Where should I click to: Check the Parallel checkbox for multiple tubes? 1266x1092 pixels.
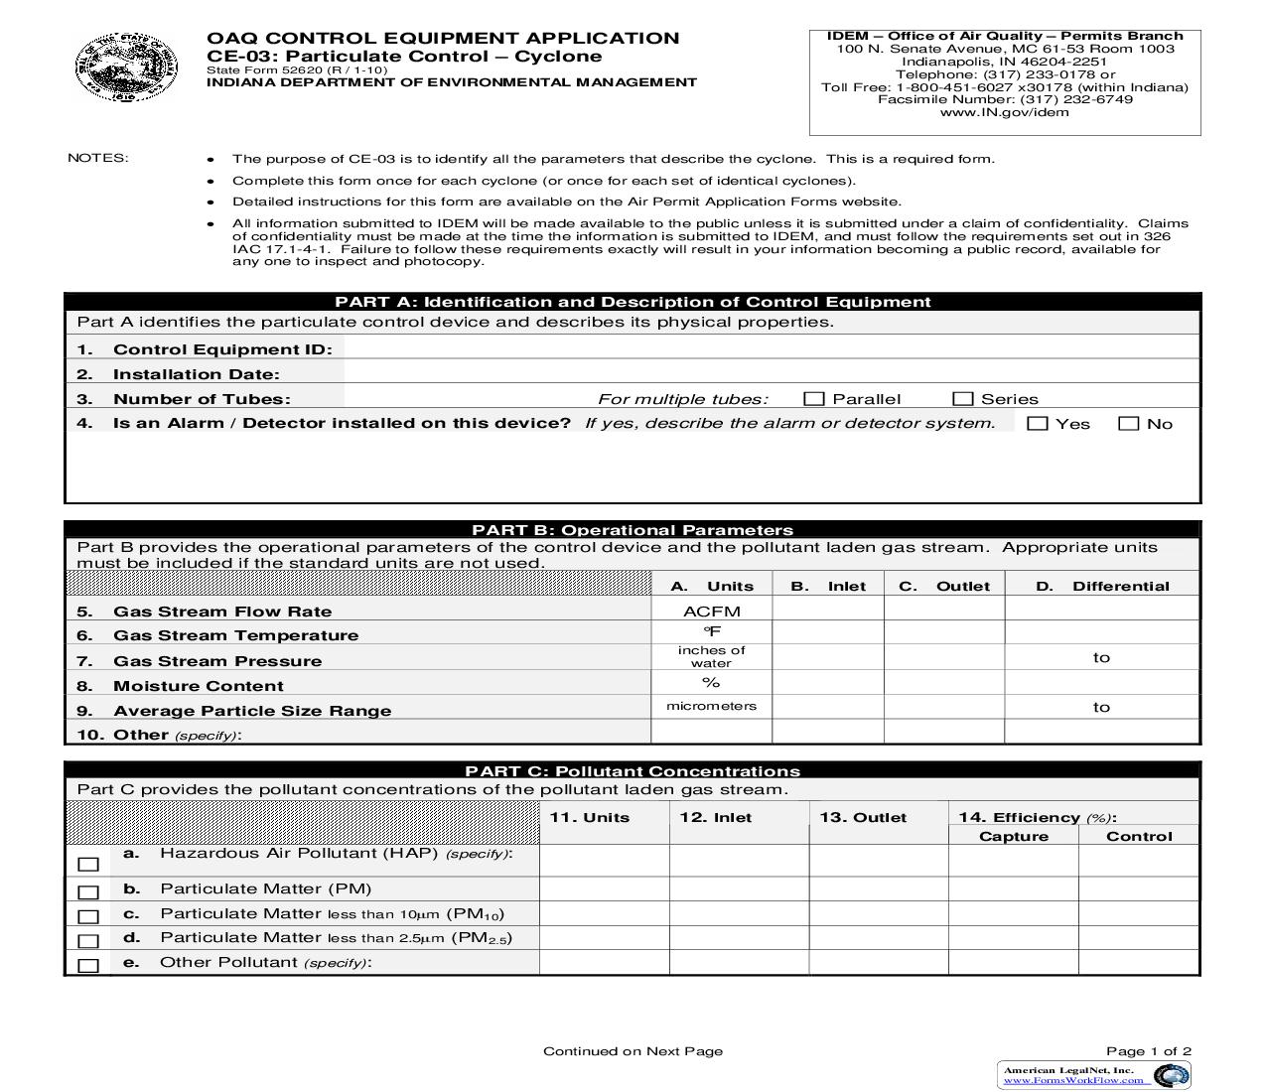click(x=814, y=399)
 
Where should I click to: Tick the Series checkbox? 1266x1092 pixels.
click(x=962, y=399)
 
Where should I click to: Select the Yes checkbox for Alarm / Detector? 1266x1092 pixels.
click(x=1038, y=424)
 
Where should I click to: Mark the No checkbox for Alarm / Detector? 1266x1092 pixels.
click(x=1128, y=424)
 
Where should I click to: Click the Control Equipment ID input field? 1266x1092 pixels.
click(x=770, y=348)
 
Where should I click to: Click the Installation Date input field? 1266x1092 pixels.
click(x=770, y=374)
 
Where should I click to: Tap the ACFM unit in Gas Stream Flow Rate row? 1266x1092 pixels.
click(x=711, y=612)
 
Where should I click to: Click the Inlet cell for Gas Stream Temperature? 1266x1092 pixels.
click(x=827, y=633)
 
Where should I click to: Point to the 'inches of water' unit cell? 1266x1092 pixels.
click(x=711, y=657)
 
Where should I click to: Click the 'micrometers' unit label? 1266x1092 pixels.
click(x=711, y=706)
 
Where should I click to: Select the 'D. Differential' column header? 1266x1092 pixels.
click(x=1102, y=586)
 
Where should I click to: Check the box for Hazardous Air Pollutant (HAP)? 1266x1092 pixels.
click(x=88, y=865)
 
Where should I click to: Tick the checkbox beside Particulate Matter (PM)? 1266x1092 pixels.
click(x=88, y=891)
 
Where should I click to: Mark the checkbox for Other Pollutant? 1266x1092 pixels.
click(x=88, y=965)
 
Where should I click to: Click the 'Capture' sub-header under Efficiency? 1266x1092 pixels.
click(x=1013, y=836)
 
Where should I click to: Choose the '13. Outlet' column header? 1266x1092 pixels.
click(x=863, y=817)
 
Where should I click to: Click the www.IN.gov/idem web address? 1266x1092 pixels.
click(x=1004, y=112)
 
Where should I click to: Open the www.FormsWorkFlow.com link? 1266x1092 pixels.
click(x=1072, y=1080)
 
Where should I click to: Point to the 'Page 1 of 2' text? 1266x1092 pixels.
click(x=1148, y=1051)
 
